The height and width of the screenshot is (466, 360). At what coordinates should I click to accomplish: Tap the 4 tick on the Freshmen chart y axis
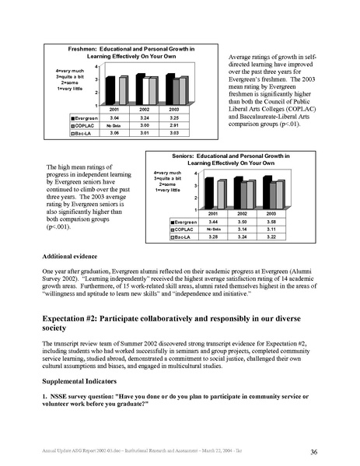tap(96, 65)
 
